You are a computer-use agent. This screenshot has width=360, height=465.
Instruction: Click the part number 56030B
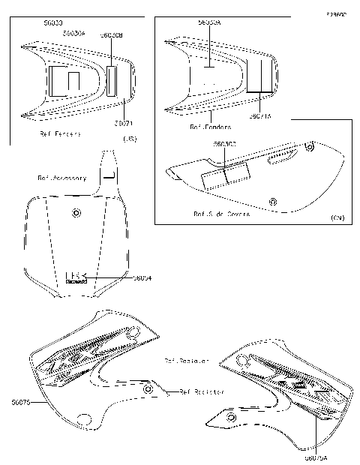click(112, 34)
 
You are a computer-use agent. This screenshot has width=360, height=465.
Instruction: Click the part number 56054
click(142, 277)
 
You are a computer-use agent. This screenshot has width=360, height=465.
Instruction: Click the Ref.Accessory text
click(61, 178)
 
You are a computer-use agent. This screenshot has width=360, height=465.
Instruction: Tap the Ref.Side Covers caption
click(221, 214)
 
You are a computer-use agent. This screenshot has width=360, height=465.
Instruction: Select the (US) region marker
click(129, 139)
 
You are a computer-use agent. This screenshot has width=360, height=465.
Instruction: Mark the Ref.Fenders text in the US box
click(60, 134)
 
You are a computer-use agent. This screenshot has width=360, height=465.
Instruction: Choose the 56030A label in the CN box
click(209, 23)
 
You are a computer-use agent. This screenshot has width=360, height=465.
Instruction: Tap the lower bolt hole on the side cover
click(273, 200)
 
